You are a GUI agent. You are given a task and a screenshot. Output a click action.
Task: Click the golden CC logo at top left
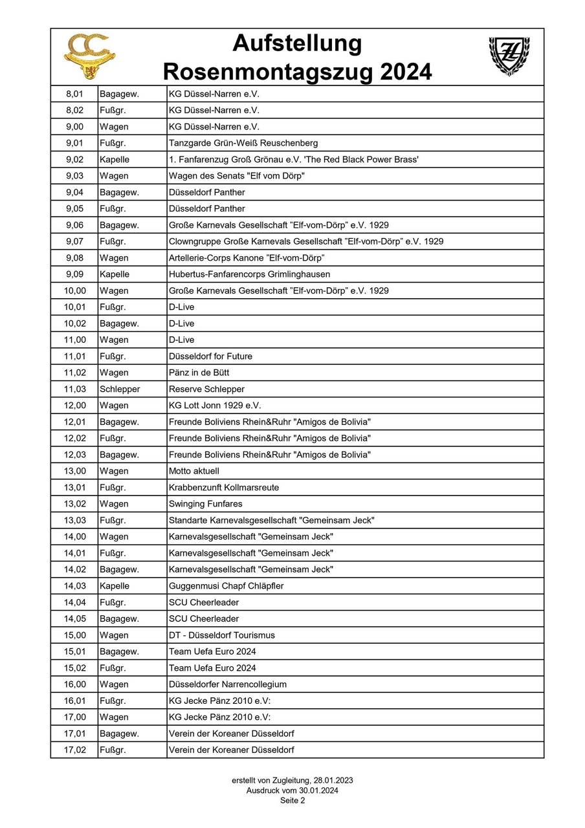(89, 56)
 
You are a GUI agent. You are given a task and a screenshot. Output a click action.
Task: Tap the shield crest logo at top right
(509, 55)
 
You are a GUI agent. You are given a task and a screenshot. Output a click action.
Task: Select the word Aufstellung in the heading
(297, 43)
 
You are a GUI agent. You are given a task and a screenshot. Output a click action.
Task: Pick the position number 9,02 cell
(74, 159)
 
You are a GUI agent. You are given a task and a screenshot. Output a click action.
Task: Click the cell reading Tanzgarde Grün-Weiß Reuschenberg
(243, 143)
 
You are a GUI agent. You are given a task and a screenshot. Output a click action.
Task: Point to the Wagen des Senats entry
(237, 176)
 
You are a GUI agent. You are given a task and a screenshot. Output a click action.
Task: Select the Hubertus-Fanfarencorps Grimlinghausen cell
(249, 274)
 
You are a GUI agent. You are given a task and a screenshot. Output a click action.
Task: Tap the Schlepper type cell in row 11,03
(120, 389)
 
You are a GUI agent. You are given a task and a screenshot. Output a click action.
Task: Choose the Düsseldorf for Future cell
(210, 356)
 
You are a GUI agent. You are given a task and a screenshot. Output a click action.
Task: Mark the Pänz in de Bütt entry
(199, 373)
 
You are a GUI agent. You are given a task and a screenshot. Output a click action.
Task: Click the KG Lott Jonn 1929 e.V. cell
(215, 406)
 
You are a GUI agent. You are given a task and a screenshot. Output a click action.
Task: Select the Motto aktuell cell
(194, 471)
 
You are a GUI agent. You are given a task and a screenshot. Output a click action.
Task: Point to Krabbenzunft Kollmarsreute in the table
(224, 488)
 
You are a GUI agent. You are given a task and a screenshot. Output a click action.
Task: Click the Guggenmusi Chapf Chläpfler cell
(226, 586)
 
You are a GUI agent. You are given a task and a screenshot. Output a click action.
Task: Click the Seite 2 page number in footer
(292, 800)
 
